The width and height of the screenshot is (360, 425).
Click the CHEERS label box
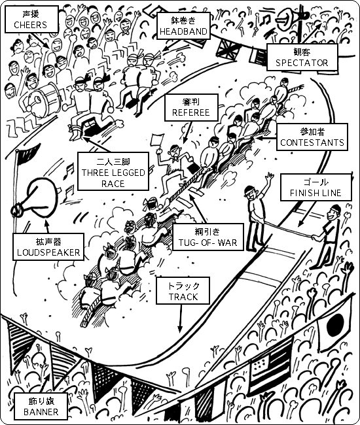click(31, 20)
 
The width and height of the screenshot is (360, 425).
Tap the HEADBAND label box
click(183, 25)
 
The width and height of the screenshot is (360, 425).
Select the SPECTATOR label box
click(302, 57)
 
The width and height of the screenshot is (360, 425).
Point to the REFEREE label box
click(191, 107)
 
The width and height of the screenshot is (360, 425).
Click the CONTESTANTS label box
click(312, 137)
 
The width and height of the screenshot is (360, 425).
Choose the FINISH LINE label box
click(315, 187)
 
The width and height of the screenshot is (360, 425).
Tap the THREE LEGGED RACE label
click(113, 171)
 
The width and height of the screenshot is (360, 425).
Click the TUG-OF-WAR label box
click(208, 237)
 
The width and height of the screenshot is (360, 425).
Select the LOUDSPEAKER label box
click(48, 247)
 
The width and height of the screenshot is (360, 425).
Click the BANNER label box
click(41, 407)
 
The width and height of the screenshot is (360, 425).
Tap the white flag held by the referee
click(156, 140)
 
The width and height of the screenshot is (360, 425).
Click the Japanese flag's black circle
click(335, 324)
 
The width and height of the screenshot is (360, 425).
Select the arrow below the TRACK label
click(180, 318)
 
